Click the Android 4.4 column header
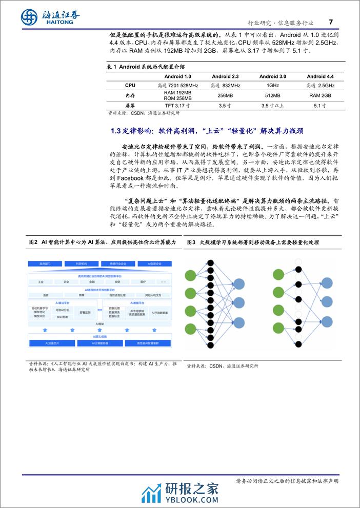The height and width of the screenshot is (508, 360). [x=320, y=76]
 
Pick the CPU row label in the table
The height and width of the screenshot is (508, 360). [x=130, y=85]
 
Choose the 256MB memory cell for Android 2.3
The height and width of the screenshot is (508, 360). [x=225, y=95]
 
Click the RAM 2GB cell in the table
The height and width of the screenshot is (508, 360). [x=320, y=95]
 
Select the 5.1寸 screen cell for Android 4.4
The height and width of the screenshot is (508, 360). [x=320, y=106]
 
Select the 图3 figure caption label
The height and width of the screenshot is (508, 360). [x=192, y=241]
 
